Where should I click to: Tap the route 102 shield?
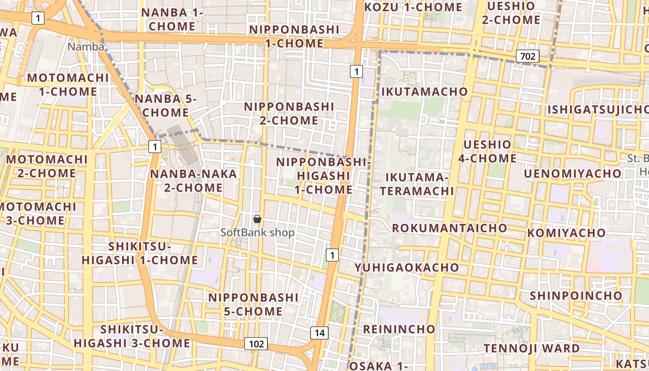click(256, 344)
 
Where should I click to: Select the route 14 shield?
click(319, 333)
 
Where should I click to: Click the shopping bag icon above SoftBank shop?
click(257, 219)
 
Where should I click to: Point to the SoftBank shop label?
click(257, 232)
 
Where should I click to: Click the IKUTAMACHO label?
click(424, 91)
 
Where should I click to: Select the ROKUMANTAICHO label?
click(449, 228)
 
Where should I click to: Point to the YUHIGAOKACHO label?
click(407, 268)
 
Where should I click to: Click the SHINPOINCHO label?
click(576, 295)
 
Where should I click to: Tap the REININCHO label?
click(399, 329)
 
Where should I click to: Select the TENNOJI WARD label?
click(531, 348)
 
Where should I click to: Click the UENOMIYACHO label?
click(573, 173)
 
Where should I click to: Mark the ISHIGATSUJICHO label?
click(598, 110)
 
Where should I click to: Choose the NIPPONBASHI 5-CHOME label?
click(254, 304)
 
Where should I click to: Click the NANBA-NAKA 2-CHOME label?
click(193, 181)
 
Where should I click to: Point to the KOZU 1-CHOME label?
click(414, 7)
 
